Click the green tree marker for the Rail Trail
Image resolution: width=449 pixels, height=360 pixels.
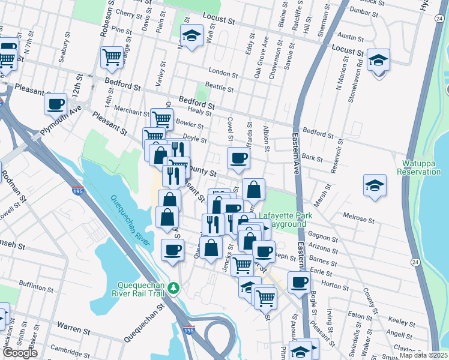click(x=174, y=289)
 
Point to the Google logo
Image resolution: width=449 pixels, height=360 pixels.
click(x=20, y=353)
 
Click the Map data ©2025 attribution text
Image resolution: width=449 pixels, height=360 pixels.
click(x=424, y=355)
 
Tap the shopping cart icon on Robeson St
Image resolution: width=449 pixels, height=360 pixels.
click(x=112, y=57)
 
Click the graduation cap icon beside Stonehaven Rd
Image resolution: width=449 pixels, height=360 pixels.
click(x=379, y=61)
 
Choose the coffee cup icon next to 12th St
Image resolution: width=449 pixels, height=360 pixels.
click(x=56, y=103)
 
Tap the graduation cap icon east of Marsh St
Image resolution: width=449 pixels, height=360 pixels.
click(x=375, y=185)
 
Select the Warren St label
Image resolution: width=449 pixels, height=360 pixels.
click(x=73, y=329)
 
